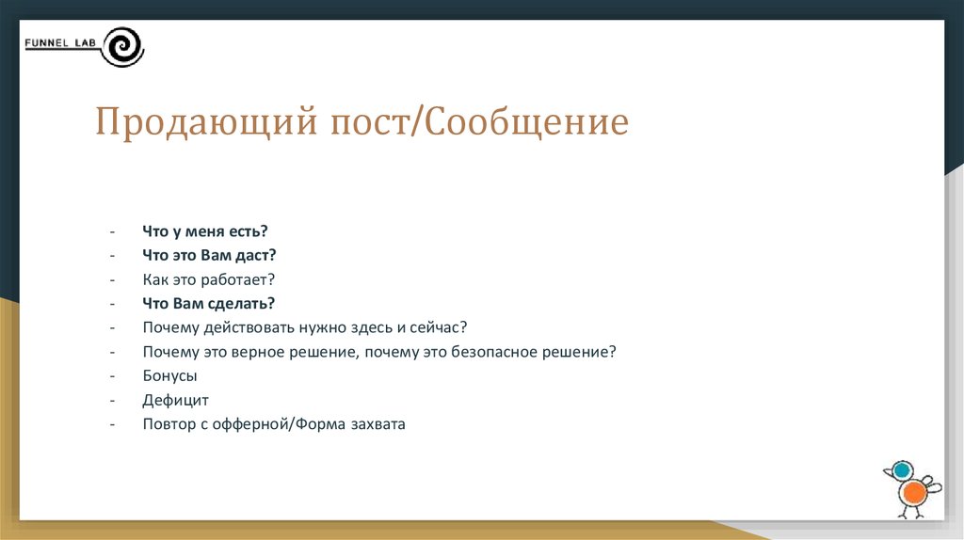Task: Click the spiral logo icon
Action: [123, 47]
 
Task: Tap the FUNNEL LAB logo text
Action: [60, 43]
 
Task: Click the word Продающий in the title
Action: [206, 122]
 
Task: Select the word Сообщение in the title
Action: [527, 122]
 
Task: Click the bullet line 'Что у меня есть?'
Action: [205, 231]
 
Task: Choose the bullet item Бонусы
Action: [169, 376]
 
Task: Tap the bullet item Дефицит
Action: [176, 401]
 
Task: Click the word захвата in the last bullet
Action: [378, 424]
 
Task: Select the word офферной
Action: [250, 424]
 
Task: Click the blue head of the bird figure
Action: [902, 470]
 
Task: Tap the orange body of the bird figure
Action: [915, 493]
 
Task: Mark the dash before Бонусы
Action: [113, 376]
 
